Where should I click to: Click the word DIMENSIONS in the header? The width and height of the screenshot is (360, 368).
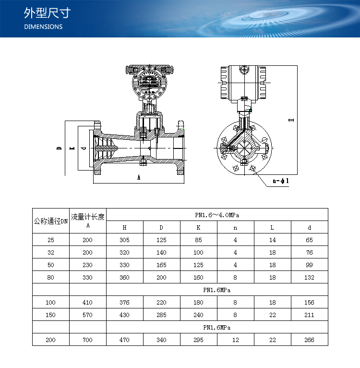point(43,27)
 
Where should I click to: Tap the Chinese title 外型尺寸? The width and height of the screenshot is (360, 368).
point(47,13)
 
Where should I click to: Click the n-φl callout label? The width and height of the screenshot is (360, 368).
point(281,181)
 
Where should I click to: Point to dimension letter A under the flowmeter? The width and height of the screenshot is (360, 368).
point(139,177)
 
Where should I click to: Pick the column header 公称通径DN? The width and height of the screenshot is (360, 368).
point(51,221)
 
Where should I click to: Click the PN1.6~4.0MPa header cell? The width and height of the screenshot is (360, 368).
point(217,215)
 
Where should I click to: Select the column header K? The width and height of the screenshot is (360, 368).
point(198,227)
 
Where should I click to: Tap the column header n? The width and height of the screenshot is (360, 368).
point(235,228)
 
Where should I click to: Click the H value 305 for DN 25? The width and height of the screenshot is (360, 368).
point(124,240)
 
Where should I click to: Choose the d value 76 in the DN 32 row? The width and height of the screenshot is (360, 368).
point(309,253)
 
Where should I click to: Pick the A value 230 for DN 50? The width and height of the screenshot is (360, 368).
point(87,265)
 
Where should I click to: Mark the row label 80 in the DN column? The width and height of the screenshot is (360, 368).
point(51,277)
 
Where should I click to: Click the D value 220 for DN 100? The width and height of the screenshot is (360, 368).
point(161,303)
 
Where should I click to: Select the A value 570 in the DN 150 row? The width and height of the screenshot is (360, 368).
point(87,315)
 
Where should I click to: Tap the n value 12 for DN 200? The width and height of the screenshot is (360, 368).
point(236,340)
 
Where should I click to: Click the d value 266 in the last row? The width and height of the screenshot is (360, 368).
point(309,340)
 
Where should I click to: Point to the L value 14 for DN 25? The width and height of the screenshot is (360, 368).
point(272,240)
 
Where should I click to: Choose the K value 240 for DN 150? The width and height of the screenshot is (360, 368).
point(198,315)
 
